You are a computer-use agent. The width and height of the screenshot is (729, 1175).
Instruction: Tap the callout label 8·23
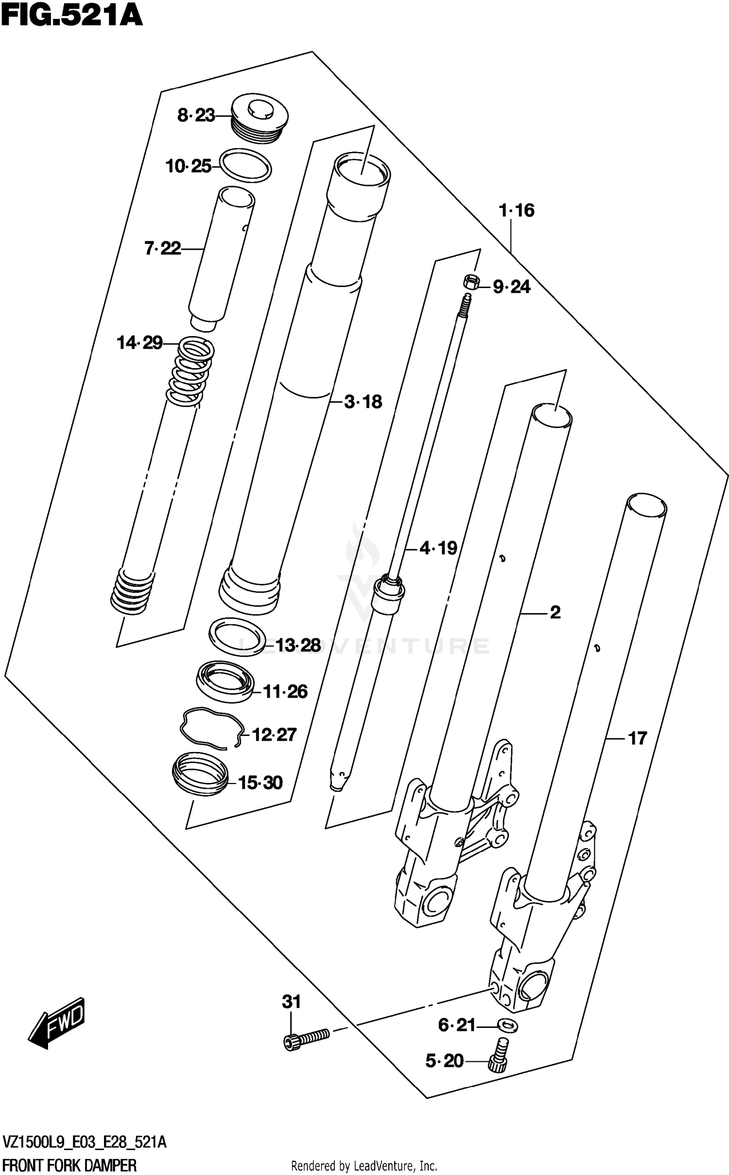tap(196, 116)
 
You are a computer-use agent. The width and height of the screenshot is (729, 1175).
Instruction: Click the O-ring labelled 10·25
tap(246, 166)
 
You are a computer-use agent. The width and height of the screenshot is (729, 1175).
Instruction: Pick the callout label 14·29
tap(139, 343)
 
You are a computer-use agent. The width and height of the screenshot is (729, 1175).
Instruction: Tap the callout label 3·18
tap(363, 402)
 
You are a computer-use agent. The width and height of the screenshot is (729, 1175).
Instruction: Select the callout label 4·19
tap(438, 548)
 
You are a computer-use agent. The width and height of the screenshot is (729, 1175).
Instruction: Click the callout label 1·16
tap(517, 210)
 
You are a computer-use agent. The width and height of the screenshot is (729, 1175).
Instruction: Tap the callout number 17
tap(638, 739)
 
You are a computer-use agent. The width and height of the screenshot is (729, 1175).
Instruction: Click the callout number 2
tap(555, 613)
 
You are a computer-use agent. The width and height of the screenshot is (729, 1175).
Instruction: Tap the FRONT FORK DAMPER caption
tap(69, 1165)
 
